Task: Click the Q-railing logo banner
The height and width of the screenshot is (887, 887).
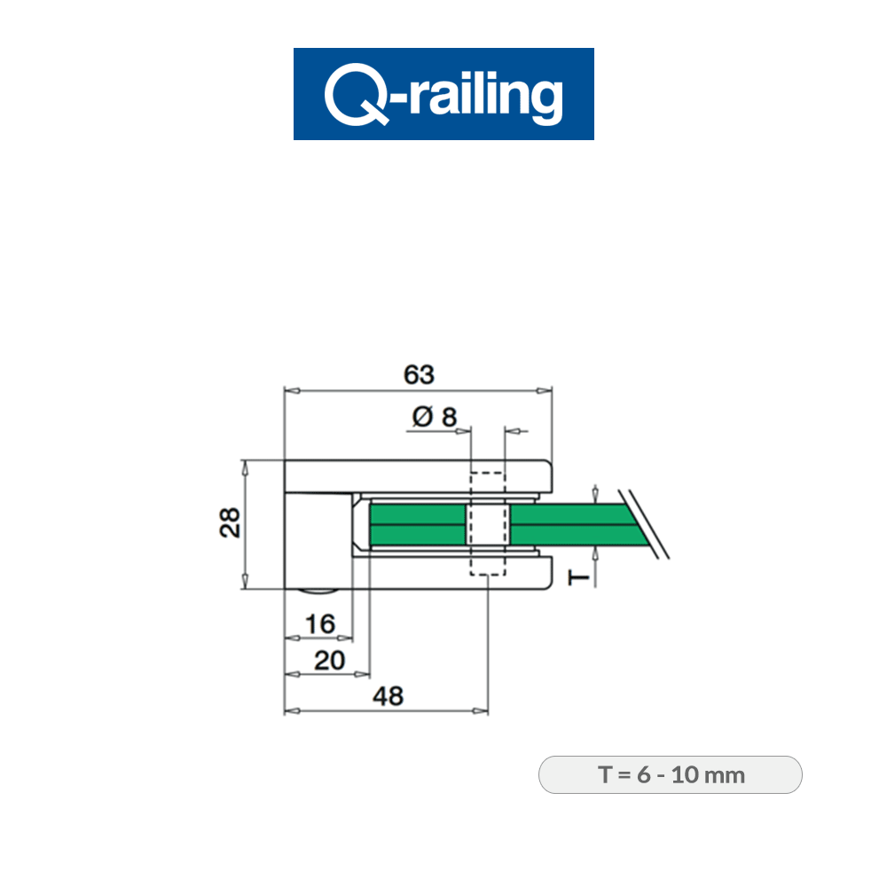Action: (443, 94)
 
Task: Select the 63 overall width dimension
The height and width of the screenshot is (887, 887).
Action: (419, 374)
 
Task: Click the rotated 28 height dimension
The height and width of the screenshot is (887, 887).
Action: (228, 523)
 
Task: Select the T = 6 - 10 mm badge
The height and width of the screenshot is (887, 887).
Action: (671, 774)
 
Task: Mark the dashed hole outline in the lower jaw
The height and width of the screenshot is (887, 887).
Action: (487, 564)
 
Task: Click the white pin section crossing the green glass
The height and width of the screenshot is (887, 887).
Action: (487, 523)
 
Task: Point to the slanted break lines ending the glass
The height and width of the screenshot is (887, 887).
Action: (645, 523)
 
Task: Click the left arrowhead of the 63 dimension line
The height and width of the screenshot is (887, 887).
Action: (290, 389)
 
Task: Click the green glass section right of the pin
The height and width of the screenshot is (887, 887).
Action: (568, 523)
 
